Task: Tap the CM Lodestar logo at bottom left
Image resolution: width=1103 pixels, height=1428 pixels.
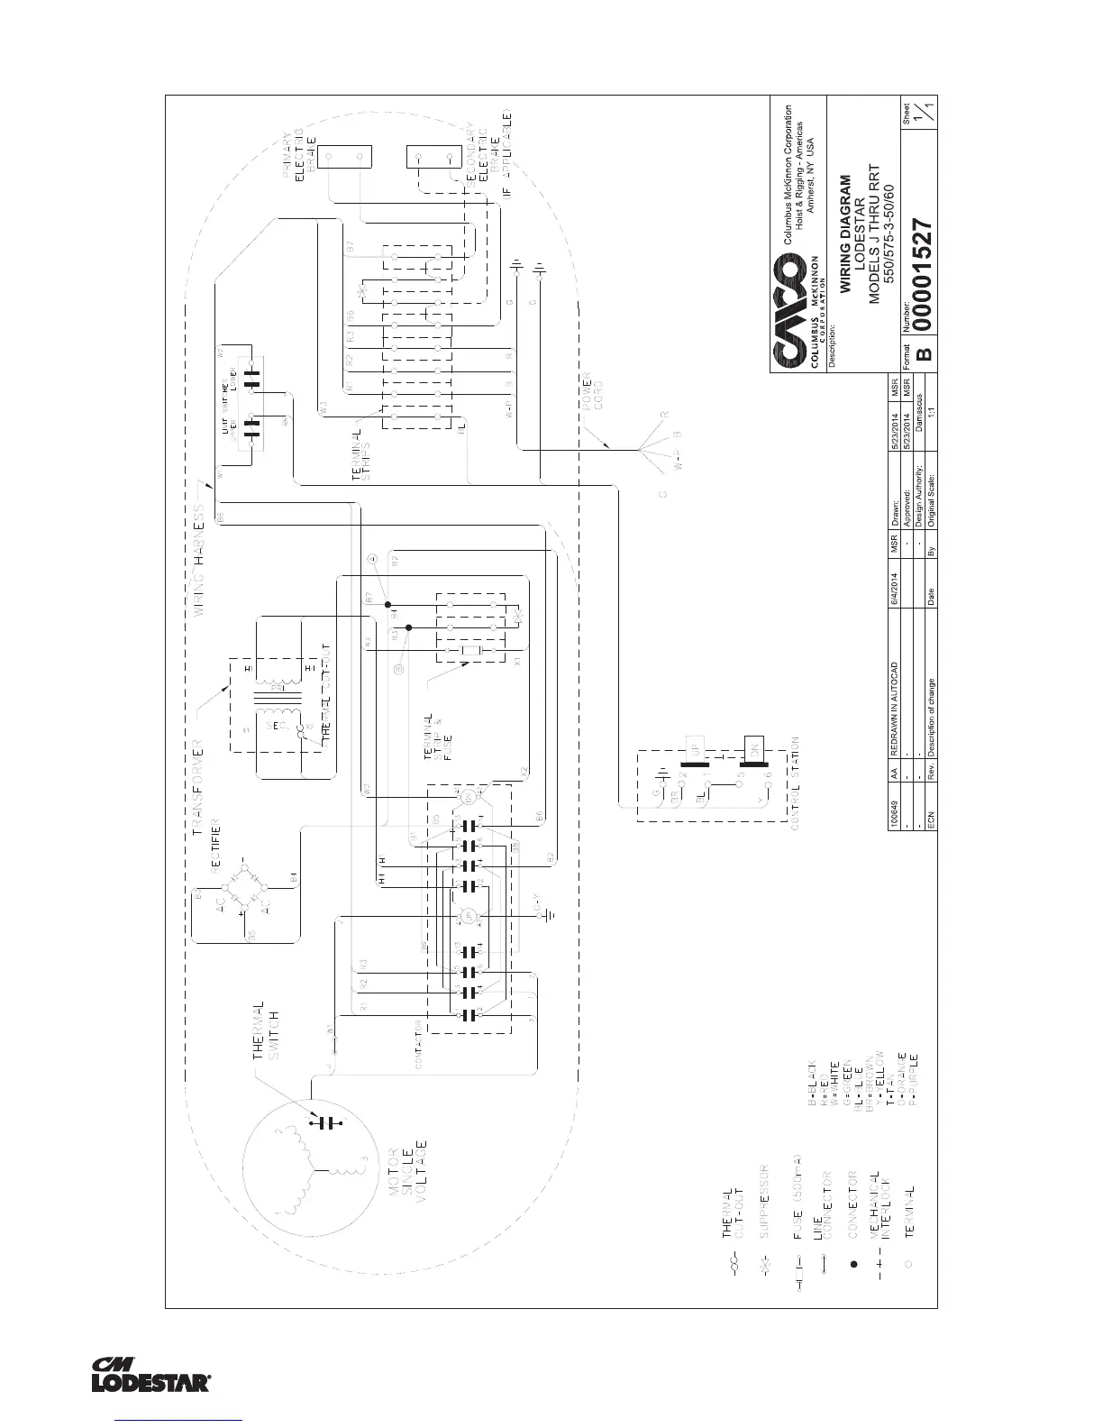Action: (151, 1373)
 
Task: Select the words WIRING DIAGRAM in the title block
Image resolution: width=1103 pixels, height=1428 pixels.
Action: (844, 233)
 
